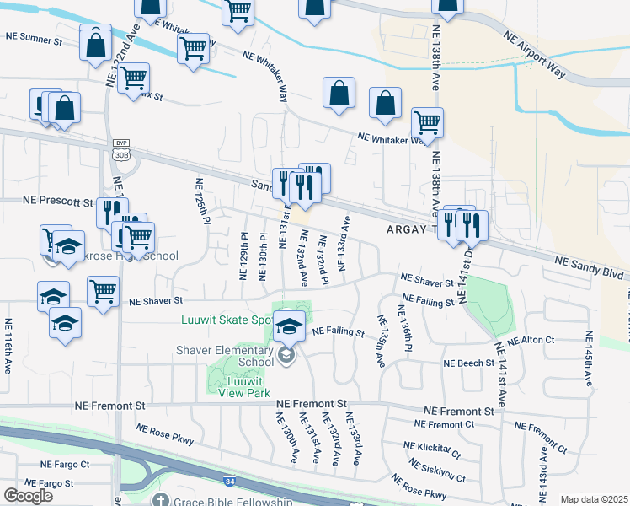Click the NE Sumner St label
(x=35, y=38)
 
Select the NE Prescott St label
(x=57, y=202)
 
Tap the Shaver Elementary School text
(x=225, y=356)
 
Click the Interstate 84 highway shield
(x=230, y=481)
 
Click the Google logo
(x=28, y=496)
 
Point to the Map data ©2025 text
(x=594, y=499)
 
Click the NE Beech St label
(x=469, y=363)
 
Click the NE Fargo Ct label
(x=65, y=465)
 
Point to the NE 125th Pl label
(x=201, y=201)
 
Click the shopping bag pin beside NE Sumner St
(x=95, y=43)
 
